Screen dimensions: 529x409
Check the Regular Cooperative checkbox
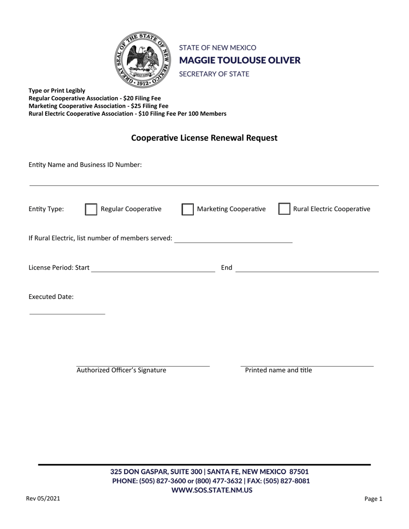(91, 209)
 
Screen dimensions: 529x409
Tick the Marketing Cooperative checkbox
(187, 209)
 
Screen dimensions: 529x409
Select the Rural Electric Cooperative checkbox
(284, 209)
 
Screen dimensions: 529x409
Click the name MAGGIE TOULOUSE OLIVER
(240, 60)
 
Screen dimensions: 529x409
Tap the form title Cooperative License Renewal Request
(204, 138)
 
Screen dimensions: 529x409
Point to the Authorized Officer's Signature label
(121, 370)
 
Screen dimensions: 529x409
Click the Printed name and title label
(279, 370)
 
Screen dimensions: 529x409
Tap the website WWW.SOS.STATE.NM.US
(212, 490)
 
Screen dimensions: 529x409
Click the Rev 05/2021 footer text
(43, 499)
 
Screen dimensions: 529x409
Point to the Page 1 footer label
(373, 499)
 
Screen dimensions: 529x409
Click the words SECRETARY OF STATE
(214, 74)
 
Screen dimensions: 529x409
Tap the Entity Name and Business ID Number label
(85, 165)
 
